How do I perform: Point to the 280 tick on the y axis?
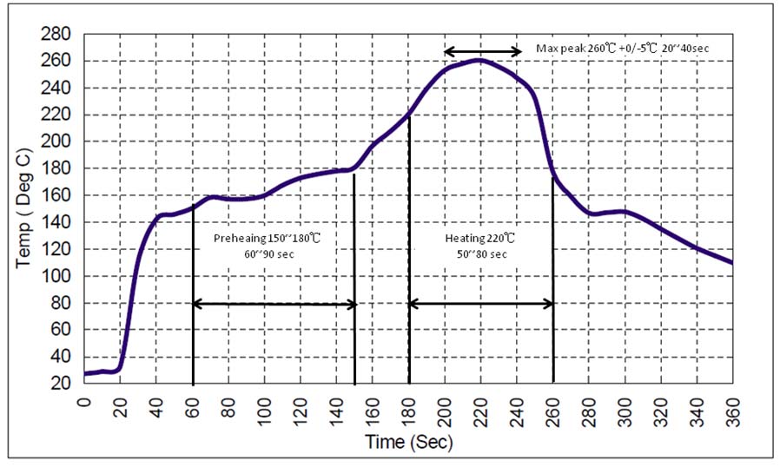pyautogui.click(x=57, y=35)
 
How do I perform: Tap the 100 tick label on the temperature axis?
pyautogui.click(x=57, y=276)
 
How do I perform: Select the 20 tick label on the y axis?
pyautogui.click(x=62, y=383)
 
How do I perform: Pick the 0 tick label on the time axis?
pyautogui.click(x=84, y=401)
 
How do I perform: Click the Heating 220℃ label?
pyautogui.click(x=475, y=238)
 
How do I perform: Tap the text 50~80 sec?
pyautogui.click(x=475, y=253)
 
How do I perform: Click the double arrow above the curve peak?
pyautogui.click(x=482, y=51)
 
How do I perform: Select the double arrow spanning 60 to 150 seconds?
pyautogui.click(x=274, y=304)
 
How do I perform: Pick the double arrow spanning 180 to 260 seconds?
pyautogui.click(x=480, y=304)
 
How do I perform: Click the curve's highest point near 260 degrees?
pyautogui.click(x=479, y=60)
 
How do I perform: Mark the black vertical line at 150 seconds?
pyautogui.click(x=354, y=278)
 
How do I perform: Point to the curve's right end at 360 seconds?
pyautogui.click(x=731, y=262)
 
